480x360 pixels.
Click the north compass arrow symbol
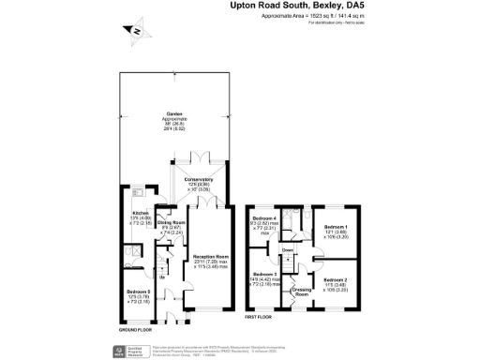click(136, 32)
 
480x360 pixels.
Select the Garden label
click(175, 114)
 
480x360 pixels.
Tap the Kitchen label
click(139, 217)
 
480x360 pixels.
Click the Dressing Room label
click(301, 291)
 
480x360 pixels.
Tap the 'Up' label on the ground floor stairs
click(163, 277)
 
